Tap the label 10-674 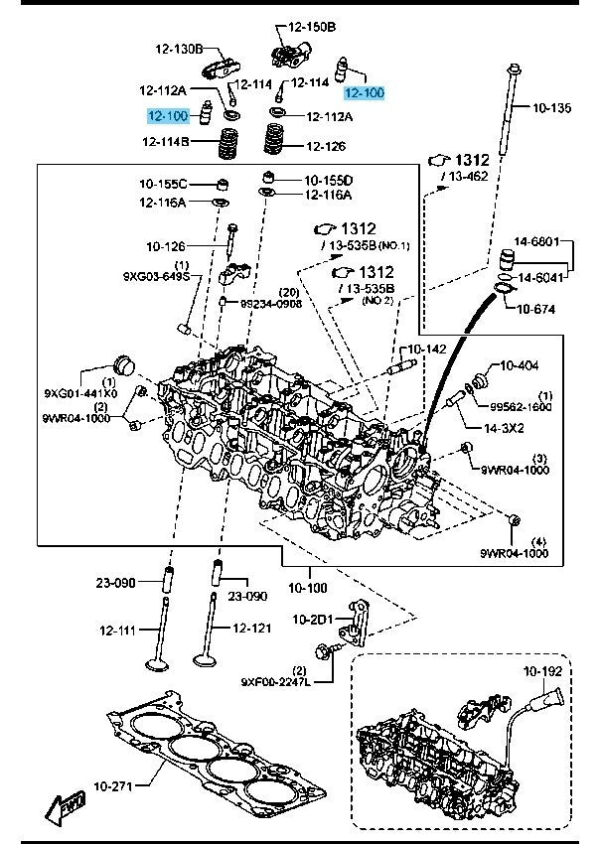pyautogui.click(x=537, y=309)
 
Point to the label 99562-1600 pyautogui.click(x=521, y=407)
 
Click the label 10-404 pyautogui.click(x=518, y=365)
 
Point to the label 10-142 pyautogui.click(x=427, y=350)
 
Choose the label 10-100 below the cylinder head pyautogui.click(x=308, y=587)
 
